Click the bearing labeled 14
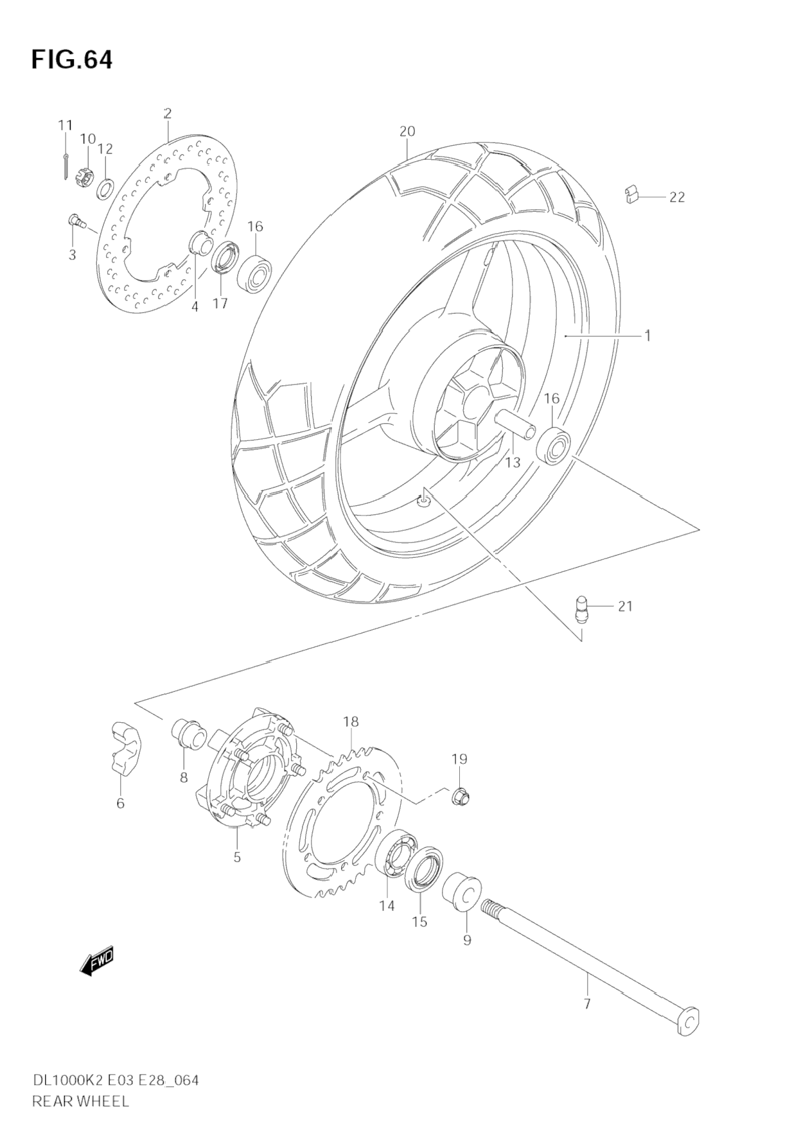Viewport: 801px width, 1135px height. point(399,851)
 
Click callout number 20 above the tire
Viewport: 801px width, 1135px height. point(407,132)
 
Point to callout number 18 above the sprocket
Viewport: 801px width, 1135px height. point(351,722)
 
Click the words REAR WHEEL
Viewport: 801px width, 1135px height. point(80,1101)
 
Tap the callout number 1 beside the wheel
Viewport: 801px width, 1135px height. point(648,335)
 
